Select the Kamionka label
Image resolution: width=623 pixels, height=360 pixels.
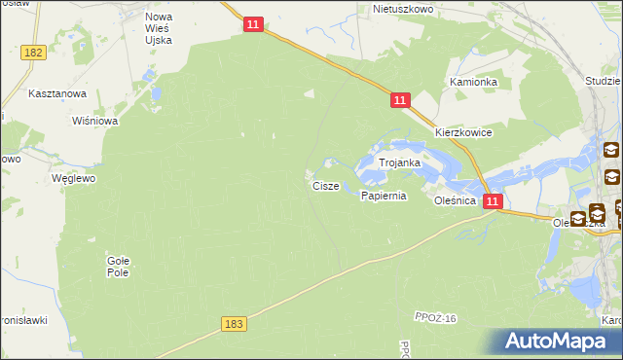[x=473, y=83]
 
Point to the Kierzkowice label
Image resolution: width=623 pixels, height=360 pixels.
[x=463, y=132]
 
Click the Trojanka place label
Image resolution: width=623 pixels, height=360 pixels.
[x=399, y=163]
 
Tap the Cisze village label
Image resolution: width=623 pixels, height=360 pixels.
[x=325, y=185]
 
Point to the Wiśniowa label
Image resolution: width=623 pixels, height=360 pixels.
[x=95, y=122]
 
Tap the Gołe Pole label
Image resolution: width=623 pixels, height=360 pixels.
[x=118, y=266]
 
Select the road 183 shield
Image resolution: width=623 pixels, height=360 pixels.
[x=233, y=322]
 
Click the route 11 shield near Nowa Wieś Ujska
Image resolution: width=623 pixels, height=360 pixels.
[x=252, y=24]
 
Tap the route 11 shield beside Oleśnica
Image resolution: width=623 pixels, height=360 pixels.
[x=493, y=201]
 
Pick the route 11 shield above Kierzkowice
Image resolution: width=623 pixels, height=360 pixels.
[x=401, y=100]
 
